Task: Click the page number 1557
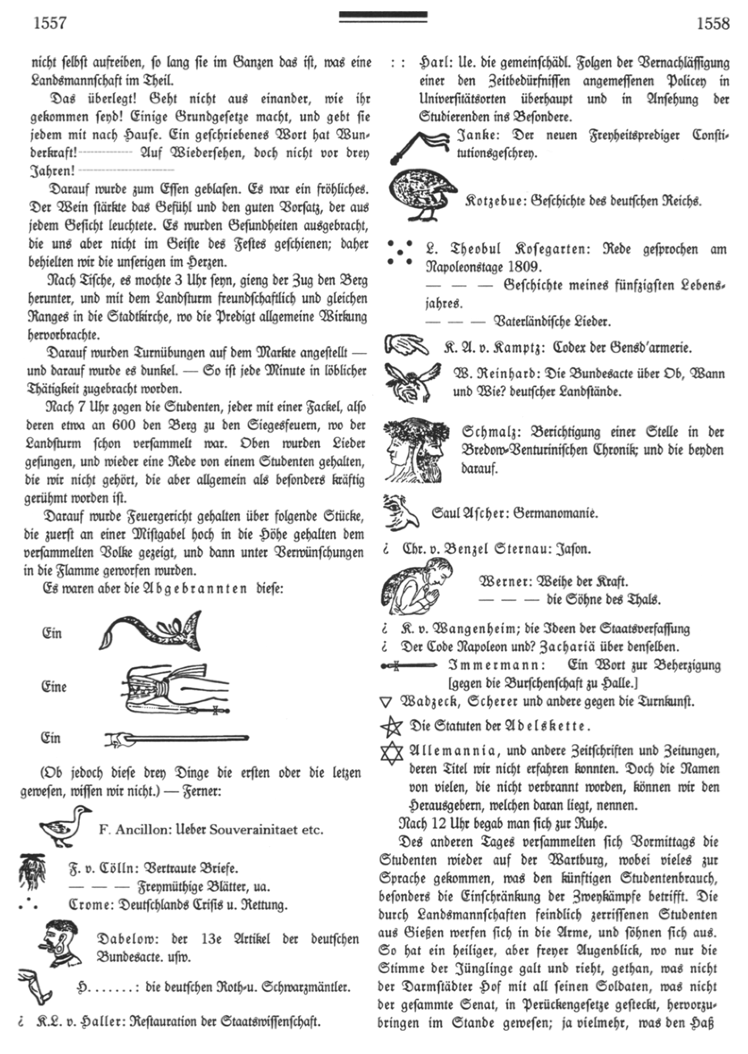[50, 23]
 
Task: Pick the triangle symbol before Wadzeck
[386, 702]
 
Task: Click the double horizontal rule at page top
[383, 17]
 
